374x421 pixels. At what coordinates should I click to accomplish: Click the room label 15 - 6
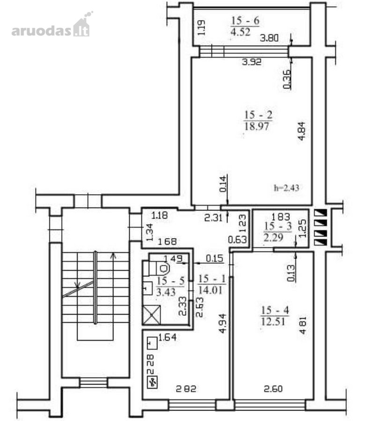tap(245, 21)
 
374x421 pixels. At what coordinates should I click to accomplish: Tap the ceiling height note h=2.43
tap(286, 188)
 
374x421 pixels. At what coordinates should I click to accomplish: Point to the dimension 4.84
tap(302, 131)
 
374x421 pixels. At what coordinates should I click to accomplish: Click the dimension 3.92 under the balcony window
tap(252, 62)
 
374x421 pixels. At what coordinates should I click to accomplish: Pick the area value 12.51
tap(273, 321)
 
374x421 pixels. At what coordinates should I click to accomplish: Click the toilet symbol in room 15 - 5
tap(156, 268)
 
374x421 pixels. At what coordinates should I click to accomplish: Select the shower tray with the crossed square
tap(152, 315)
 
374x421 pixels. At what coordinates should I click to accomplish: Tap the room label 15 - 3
tap(278, 226)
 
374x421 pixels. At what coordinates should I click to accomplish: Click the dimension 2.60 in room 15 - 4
tap(273, 389)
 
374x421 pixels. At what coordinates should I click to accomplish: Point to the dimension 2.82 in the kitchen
tap(186, 389)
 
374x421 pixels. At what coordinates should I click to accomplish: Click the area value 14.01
tap(210, 290)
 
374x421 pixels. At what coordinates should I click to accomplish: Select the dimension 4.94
tap(223, 324)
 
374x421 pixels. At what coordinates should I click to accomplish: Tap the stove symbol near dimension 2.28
tap(153, 382)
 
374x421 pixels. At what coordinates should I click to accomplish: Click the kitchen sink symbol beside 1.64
tap(152, 343)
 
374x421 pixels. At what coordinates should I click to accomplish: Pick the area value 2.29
tap(273, 238)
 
